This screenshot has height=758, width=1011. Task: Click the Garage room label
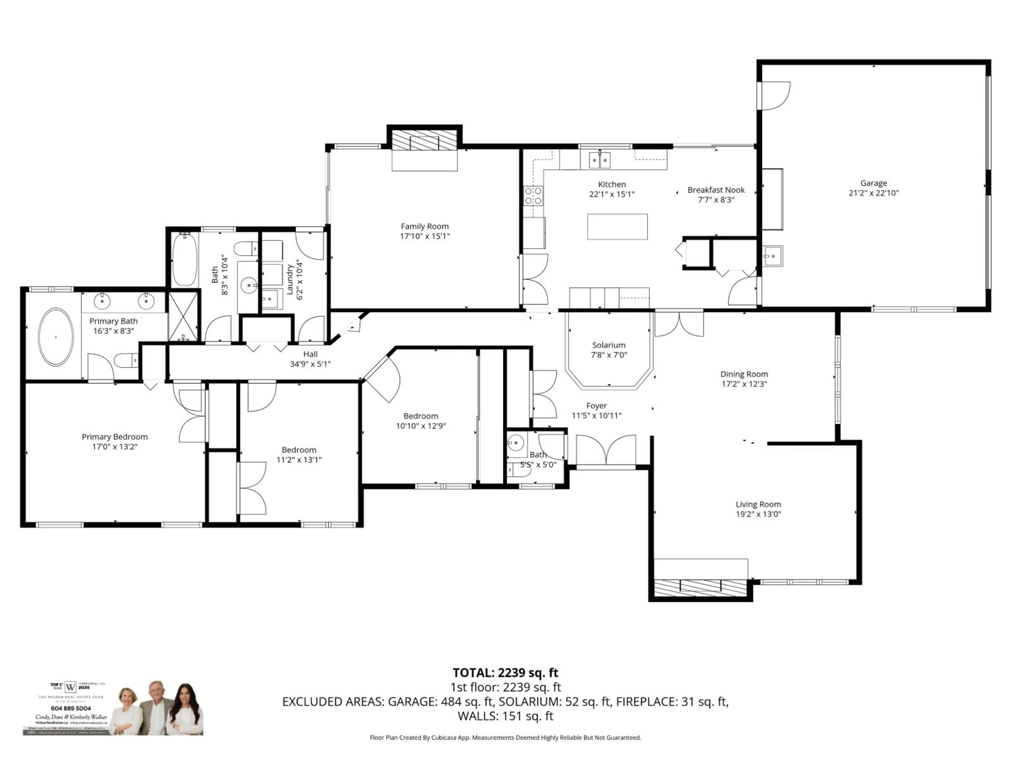point(873,183)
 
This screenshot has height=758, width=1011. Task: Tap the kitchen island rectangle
point(617,227)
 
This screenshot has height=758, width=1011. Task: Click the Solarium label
point(608,345)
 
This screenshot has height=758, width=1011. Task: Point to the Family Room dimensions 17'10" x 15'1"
point(425,236)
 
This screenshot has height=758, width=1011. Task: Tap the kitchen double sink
point(599,160)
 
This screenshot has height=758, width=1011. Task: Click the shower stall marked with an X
point(183,316)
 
